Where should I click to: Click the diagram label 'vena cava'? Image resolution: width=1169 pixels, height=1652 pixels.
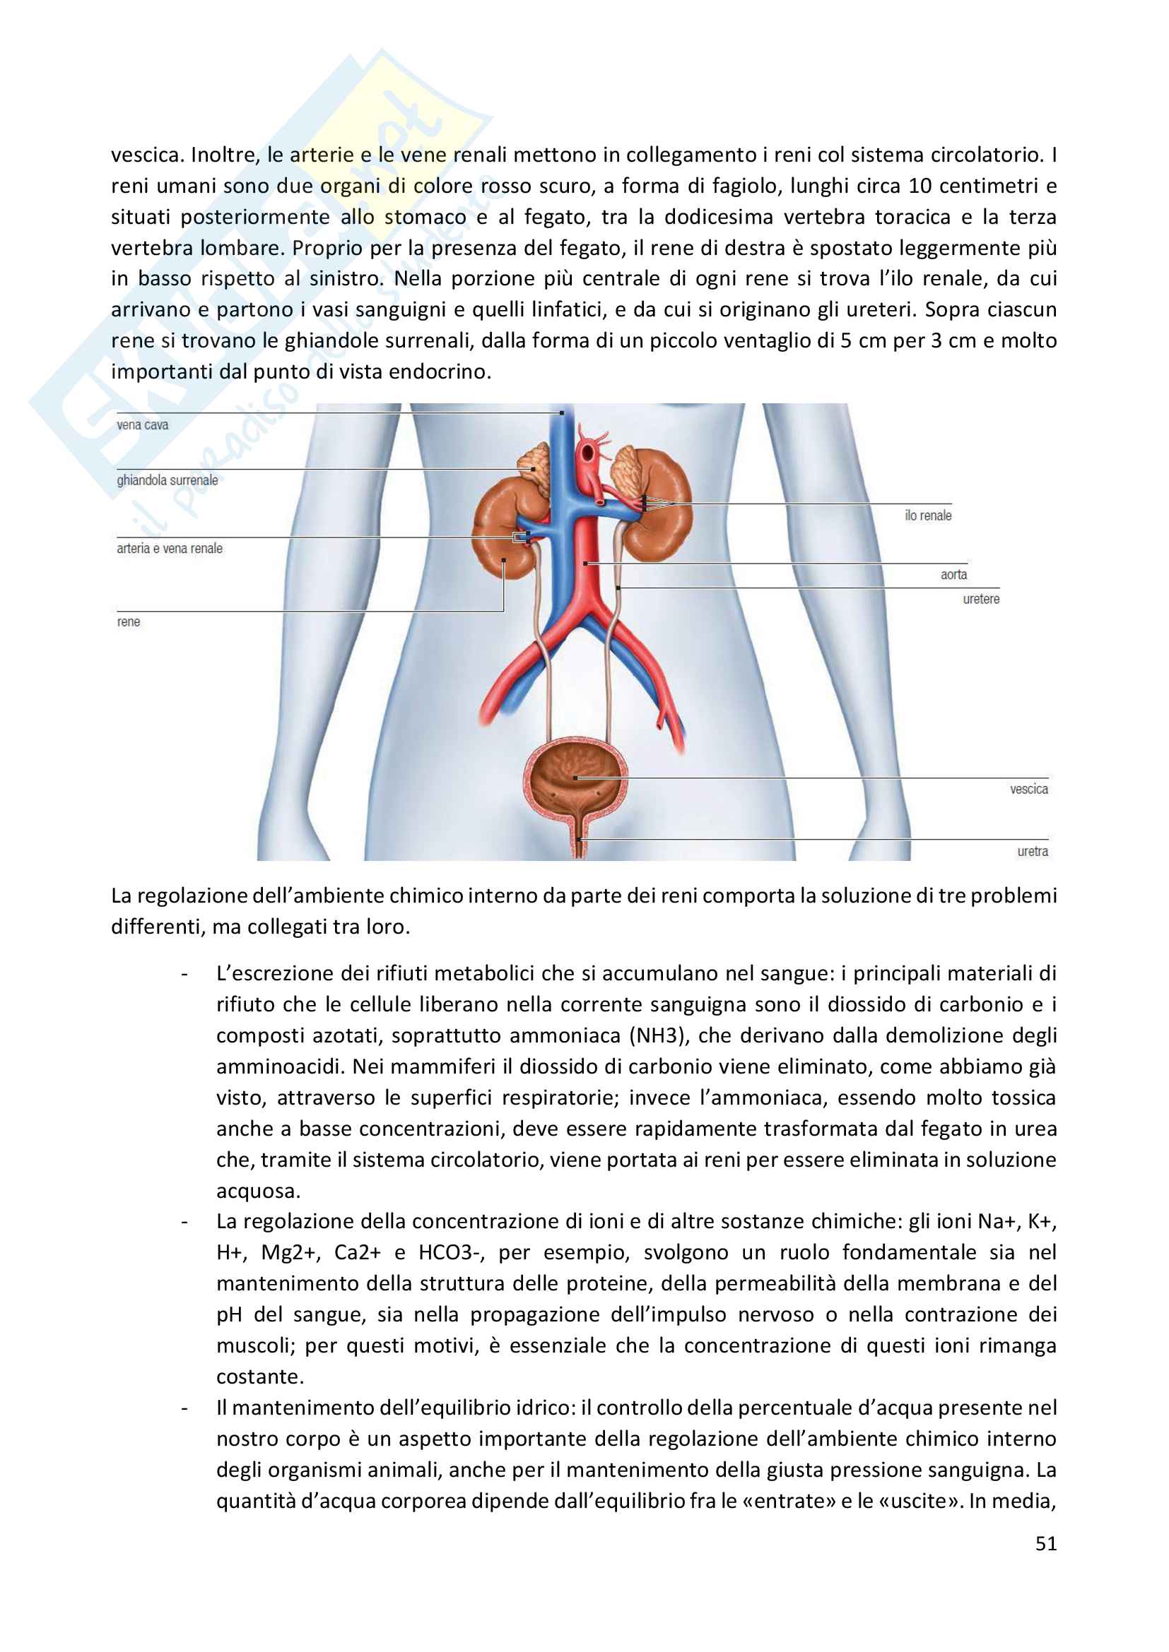tap(143, 425)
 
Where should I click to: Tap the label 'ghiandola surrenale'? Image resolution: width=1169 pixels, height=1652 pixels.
tap(167, 481)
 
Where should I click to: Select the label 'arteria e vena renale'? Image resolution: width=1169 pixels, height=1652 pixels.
tap(169, 549)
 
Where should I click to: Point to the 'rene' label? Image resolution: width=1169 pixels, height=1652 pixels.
tap(128, 622)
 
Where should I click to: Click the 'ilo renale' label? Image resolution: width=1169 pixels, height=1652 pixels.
tap(928, 516)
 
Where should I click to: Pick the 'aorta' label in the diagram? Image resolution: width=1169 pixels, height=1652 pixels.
tap(953, 575)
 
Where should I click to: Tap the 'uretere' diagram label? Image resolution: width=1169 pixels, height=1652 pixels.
tap(981, 600)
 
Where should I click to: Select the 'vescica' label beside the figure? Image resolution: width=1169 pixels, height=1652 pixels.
tap(1028, 790)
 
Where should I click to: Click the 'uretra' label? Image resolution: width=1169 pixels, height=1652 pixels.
tap(1032, 852)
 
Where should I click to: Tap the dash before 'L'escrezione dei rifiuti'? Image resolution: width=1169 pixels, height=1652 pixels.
tap(185, 975)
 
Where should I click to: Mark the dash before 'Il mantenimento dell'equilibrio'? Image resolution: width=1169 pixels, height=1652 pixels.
tap(185, 1409)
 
